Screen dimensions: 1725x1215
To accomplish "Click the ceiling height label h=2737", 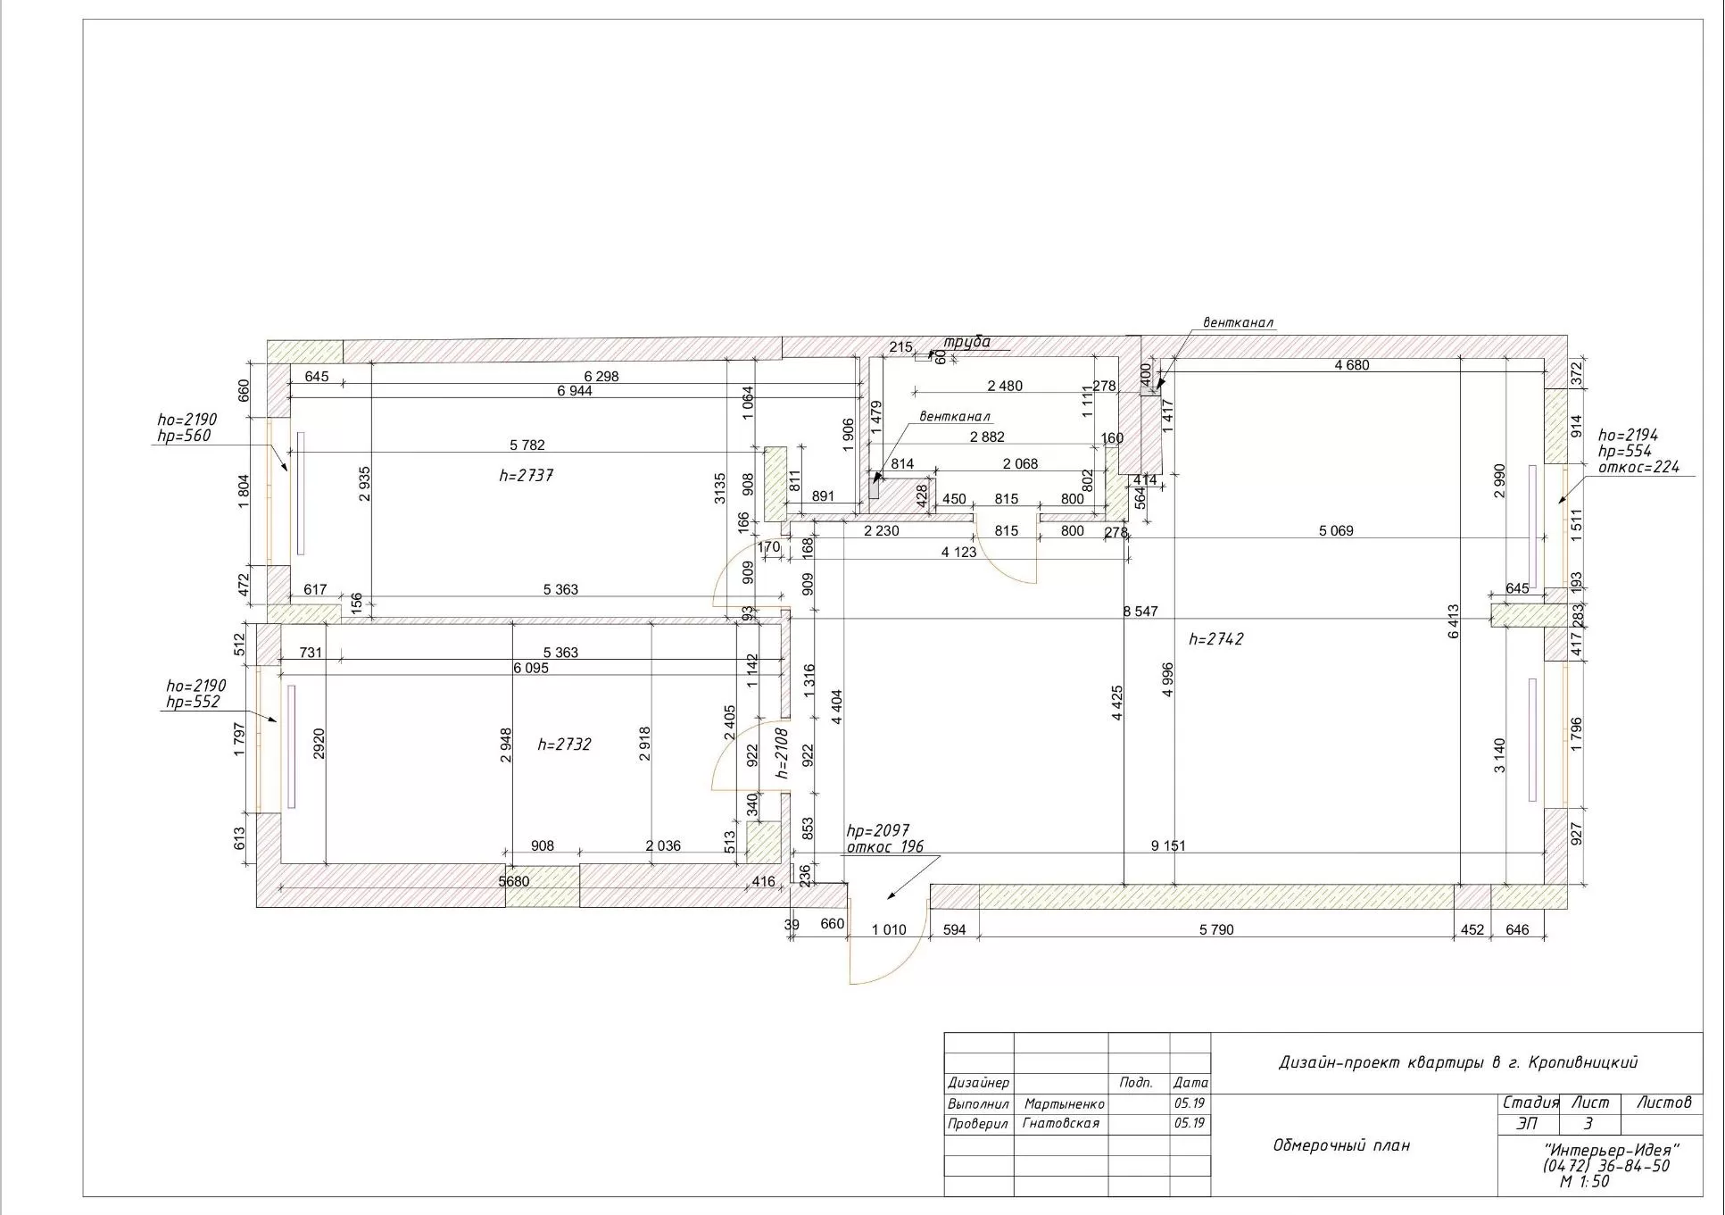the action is click(x=526, y=476).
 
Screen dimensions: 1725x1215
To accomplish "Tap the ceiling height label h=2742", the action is click(x=1216, y=639).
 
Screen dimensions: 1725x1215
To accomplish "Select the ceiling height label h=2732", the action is click(x=564, y=745).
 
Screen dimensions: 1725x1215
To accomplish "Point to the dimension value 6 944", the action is click(x=574, y=391).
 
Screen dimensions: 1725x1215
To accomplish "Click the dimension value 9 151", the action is click(x=1168, y=845).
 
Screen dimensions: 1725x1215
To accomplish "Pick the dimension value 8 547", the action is click(x=1140, y=612).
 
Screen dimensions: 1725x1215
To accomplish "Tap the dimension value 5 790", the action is click(x=1216, y=929).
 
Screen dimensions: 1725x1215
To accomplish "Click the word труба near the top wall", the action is click(x=967, y=342).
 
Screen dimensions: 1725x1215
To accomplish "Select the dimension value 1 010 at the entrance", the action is click(x=889, y=929).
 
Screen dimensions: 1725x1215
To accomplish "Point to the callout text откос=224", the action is click(x=1638, y=467).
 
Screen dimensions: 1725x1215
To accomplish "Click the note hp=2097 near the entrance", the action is click(x=878, y=831).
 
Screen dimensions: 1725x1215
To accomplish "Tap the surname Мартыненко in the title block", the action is click(x=1064, y=1104).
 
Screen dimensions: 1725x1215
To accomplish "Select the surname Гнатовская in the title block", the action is click(x=1061, y=1124).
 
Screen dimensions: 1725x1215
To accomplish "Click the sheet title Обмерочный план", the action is click(x=1341, y=1145).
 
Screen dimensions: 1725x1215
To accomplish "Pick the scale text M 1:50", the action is click(x=1585, y=1182).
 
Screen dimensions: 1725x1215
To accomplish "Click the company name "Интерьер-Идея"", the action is click(x=1612, y=1150).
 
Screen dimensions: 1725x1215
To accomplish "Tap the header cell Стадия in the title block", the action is click(x=1530, y=1103).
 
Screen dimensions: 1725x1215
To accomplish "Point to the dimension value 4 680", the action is click(x=1351, y=365).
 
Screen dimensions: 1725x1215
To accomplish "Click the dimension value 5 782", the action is click(x=527, y=445).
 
